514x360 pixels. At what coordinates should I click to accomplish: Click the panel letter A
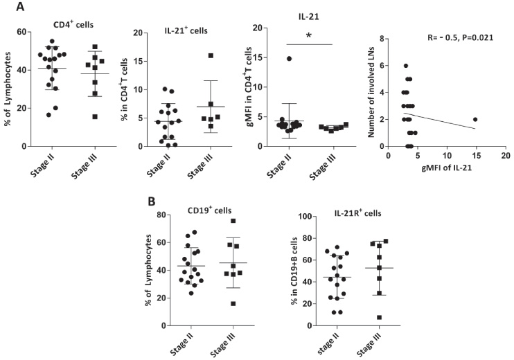20,6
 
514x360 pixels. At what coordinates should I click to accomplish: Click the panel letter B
152,201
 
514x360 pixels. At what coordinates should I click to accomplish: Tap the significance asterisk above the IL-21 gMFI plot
309,35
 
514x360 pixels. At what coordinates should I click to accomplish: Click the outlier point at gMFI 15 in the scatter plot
475,120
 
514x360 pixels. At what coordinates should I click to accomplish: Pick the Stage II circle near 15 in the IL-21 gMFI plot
289,59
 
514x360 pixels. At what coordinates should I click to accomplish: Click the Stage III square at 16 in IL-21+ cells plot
211,55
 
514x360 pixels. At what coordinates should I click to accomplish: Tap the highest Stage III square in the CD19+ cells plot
233,221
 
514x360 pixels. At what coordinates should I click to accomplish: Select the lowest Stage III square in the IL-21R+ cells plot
380,317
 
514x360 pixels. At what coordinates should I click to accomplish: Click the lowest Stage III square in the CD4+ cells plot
95,117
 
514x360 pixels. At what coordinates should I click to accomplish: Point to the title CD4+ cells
73,24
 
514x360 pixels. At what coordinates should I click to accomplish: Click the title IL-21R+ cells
357,213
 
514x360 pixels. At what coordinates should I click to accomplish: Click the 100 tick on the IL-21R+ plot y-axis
305,216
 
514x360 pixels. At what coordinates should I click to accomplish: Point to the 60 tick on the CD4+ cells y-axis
22,32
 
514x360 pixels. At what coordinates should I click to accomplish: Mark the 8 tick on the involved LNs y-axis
380,39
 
